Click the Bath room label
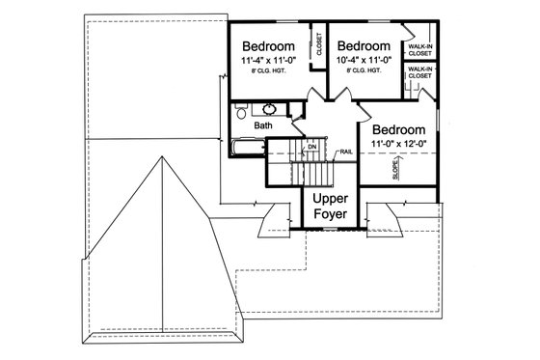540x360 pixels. pos(263,125)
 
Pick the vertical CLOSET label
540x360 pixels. pos(319,46)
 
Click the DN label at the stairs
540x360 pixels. pos(311,147)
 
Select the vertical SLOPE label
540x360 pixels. pos(394,170)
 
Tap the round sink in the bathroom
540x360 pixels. pos(268,108)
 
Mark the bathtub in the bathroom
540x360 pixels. pos(248,148)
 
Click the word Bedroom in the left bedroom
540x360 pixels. pos(268,46)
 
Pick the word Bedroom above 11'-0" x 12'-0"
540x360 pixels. pos(398,129)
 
